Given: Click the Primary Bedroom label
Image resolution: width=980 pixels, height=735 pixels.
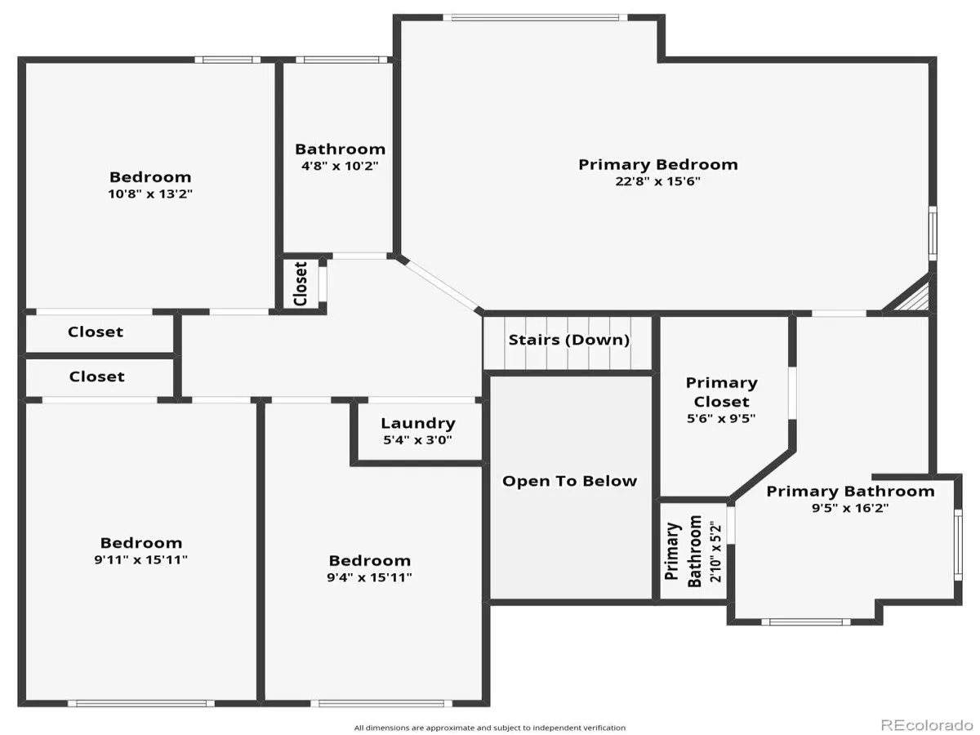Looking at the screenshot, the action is coord(657,165).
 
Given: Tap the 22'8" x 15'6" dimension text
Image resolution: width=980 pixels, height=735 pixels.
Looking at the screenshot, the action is coord(657,181).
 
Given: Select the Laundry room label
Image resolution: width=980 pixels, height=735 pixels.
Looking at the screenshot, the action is coord(418,423).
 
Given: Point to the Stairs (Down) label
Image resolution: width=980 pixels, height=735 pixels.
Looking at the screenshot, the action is coord(568,340).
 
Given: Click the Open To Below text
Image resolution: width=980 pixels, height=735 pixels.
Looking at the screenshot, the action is coord(569,481).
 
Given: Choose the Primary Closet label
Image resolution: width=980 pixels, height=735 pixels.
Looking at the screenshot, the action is coord(721,392).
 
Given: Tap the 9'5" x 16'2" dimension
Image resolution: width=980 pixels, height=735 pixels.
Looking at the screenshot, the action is coord(850,508).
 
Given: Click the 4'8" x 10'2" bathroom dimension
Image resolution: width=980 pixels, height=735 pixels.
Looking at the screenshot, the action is coord(340,166).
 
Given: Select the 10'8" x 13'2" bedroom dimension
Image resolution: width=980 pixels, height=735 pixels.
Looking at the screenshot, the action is coord(150,194).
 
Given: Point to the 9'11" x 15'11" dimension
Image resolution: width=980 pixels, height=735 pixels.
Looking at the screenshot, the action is coord(140,559).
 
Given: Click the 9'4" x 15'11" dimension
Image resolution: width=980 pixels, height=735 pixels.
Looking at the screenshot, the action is coord(369,577).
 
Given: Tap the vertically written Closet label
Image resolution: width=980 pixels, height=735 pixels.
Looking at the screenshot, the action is coord(301,284).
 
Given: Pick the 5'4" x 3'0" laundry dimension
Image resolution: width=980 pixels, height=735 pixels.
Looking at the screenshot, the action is coord(417,440).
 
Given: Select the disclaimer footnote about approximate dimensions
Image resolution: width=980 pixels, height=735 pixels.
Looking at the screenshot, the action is coord(490,728).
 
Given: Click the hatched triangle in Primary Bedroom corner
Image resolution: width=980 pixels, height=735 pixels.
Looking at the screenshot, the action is coord(915,296).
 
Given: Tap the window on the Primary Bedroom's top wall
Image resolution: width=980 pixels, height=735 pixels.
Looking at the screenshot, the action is coord(535,18).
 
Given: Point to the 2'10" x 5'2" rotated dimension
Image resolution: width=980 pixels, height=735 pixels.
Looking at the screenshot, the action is coord(715,550).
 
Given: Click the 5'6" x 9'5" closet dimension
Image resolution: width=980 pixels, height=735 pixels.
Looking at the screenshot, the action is coord(721,419).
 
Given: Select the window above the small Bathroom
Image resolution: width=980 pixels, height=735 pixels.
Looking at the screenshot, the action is coord(341,60).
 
